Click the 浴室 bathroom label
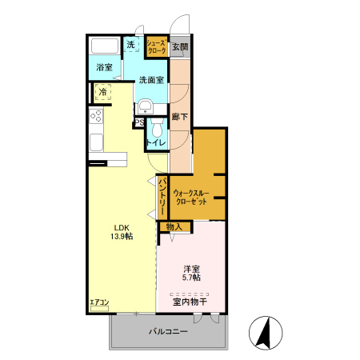(104, 67)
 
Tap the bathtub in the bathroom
(105, 46)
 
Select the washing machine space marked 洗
(131, 44)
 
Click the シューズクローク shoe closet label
(157, 46)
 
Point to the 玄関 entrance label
(180, 47)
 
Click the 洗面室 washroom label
(151, 80)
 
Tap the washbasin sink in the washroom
(145, 107)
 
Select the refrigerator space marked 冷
(103, 92)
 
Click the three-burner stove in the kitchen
(96, 116)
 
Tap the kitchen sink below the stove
(96, 142)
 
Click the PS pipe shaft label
(139, 123)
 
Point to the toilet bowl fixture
(157, 128)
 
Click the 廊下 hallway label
(180, 117)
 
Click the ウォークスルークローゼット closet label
(191, 197)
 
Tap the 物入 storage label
(174, 227)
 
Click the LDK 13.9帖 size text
(122, 232)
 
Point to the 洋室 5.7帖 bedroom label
(191, 273)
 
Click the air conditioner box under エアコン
(99, 308)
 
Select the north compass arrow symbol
(266, 333)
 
